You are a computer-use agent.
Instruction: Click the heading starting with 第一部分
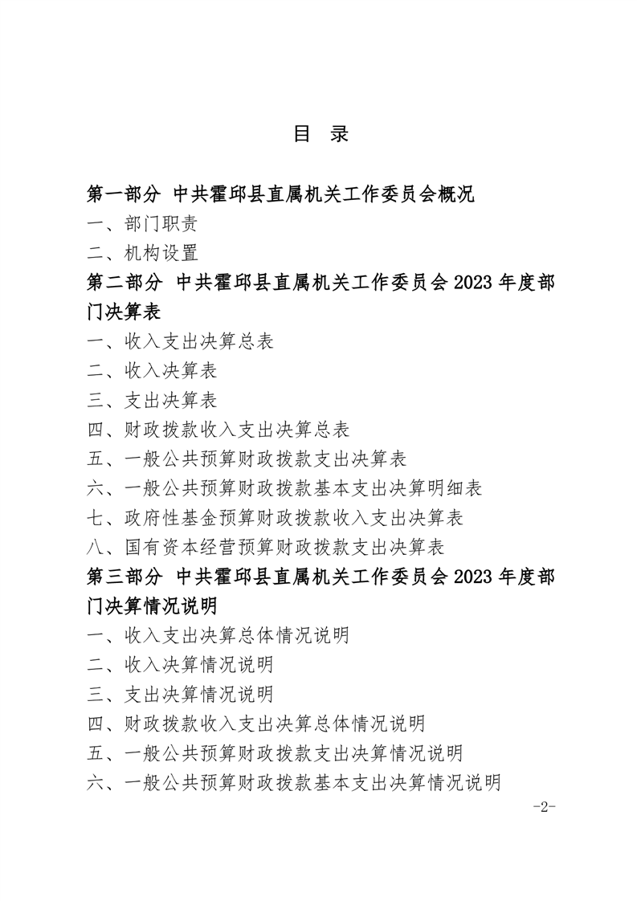click(x=281, y=194)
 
